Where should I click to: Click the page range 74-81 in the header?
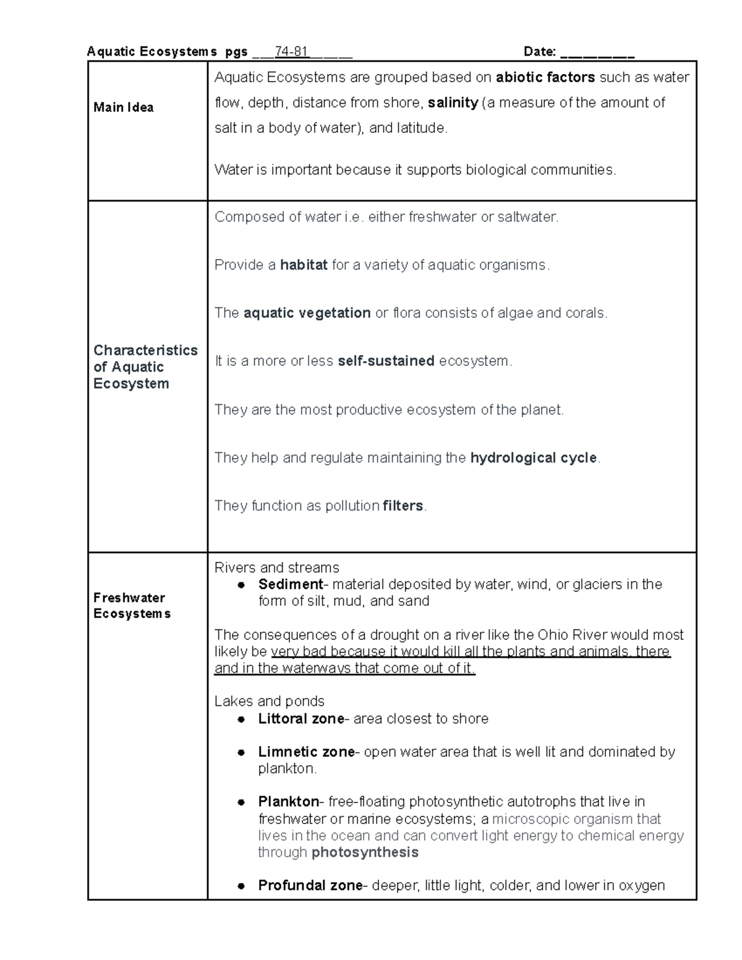click(292, 52)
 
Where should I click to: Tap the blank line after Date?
click(597, 53)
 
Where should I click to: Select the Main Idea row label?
click(124, 108)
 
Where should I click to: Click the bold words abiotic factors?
click(545, 77)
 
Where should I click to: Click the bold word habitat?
click(304, 265)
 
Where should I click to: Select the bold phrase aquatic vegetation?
click(307, 313)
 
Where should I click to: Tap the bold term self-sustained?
click(386, 361)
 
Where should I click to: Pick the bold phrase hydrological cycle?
click(533, 458)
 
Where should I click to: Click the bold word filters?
click(403, 506)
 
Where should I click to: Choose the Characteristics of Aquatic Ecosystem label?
click(145, 367)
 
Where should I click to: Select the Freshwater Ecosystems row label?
click(131, 606)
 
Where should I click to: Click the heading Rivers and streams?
click(276, 567)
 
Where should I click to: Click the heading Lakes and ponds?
click(269, 701)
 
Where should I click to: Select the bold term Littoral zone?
click(301, 718)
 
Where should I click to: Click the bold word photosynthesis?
click(365, 852)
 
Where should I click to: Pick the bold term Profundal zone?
click(310, 885)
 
